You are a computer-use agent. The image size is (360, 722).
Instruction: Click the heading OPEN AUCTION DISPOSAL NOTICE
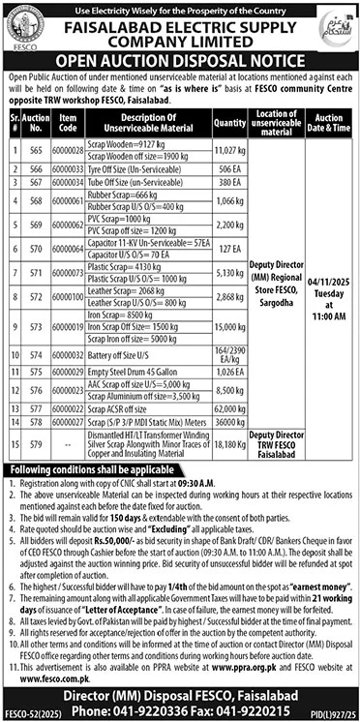(180, 57)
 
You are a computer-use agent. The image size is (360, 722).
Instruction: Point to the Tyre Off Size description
(147, 168)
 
